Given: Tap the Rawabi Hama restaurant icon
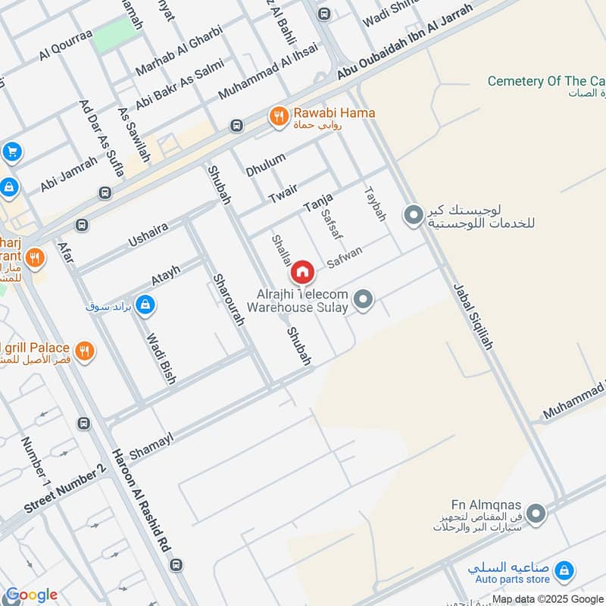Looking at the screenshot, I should [279, 116].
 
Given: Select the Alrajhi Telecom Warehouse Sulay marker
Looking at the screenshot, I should [364, 300].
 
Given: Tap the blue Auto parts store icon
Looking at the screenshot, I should [563, 570].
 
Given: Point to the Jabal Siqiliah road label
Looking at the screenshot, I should [473, 316].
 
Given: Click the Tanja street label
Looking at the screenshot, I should [318, 201].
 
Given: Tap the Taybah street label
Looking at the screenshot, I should [375, 205].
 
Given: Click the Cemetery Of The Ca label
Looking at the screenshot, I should [545, 81].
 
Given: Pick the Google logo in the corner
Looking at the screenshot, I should [31, 595].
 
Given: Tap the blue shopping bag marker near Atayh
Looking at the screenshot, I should [145, 305].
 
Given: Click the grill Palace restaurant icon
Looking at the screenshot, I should [84, 351].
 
